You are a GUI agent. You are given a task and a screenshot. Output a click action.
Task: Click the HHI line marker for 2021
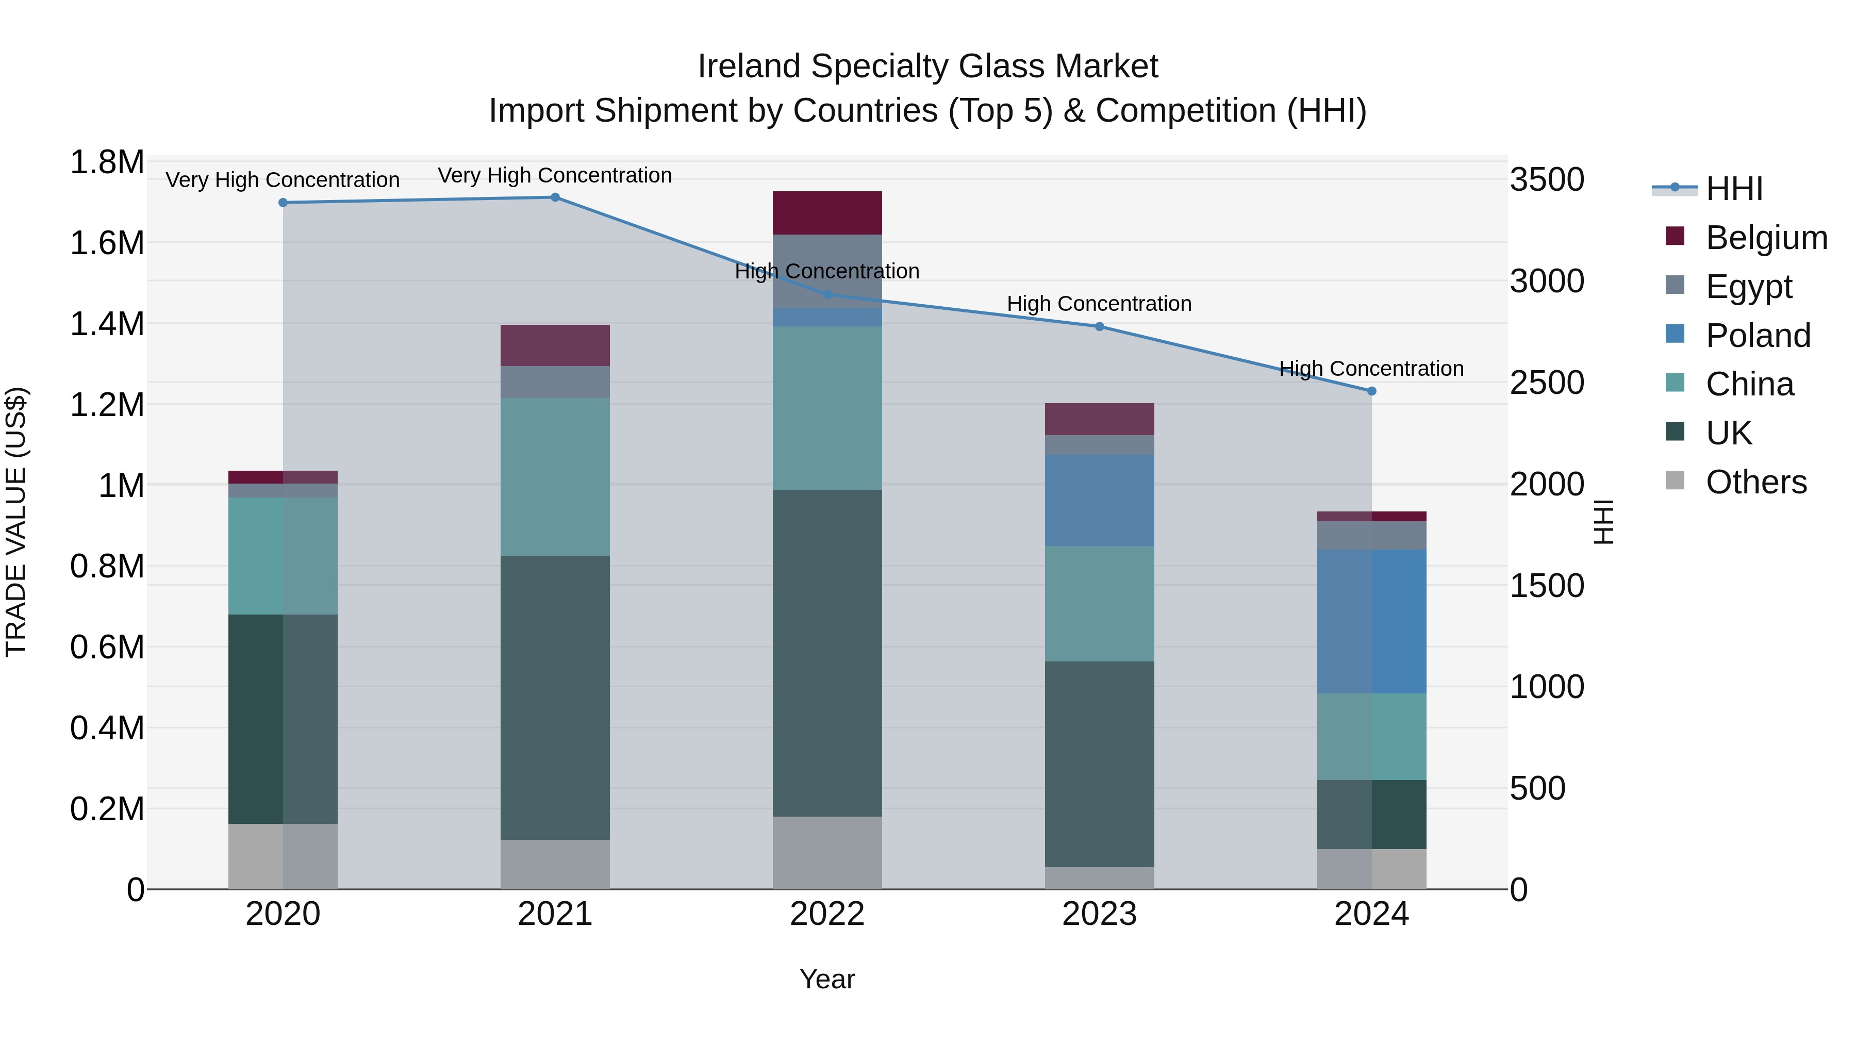555,197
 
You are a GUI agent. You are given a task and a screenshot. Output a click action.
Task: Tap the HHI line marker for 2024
1371,391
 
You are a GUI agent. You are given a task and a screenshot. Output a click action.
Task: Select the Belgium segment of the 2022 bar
827,213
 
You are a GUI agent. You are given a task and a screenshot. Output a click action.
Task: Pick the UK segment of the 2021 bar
555,698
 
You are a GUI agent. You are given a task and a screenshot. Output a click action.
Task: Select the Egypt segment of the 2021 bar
555,382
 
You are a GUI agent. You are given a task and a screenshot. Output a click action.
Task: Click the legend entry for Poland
1758,336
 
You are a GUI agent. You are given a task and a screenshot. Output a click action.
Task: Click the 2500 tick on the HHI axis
1546,383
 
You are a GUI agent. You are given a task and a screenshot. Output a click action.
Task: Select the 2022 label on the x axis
827,914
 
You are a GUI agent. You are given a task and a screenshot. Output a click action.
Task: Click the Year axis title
827,979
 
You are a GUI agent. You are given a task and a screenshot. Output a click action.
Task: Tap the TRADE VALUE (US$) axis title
16,522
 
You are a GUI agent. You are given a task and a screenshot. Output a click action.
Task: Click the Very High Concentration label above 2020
283,180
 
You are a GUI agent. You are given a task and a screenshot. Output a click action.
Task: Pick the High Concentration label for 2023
1099,304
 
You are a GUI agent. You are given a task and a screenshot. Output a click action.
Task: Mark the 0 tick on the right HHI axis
1519,890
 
